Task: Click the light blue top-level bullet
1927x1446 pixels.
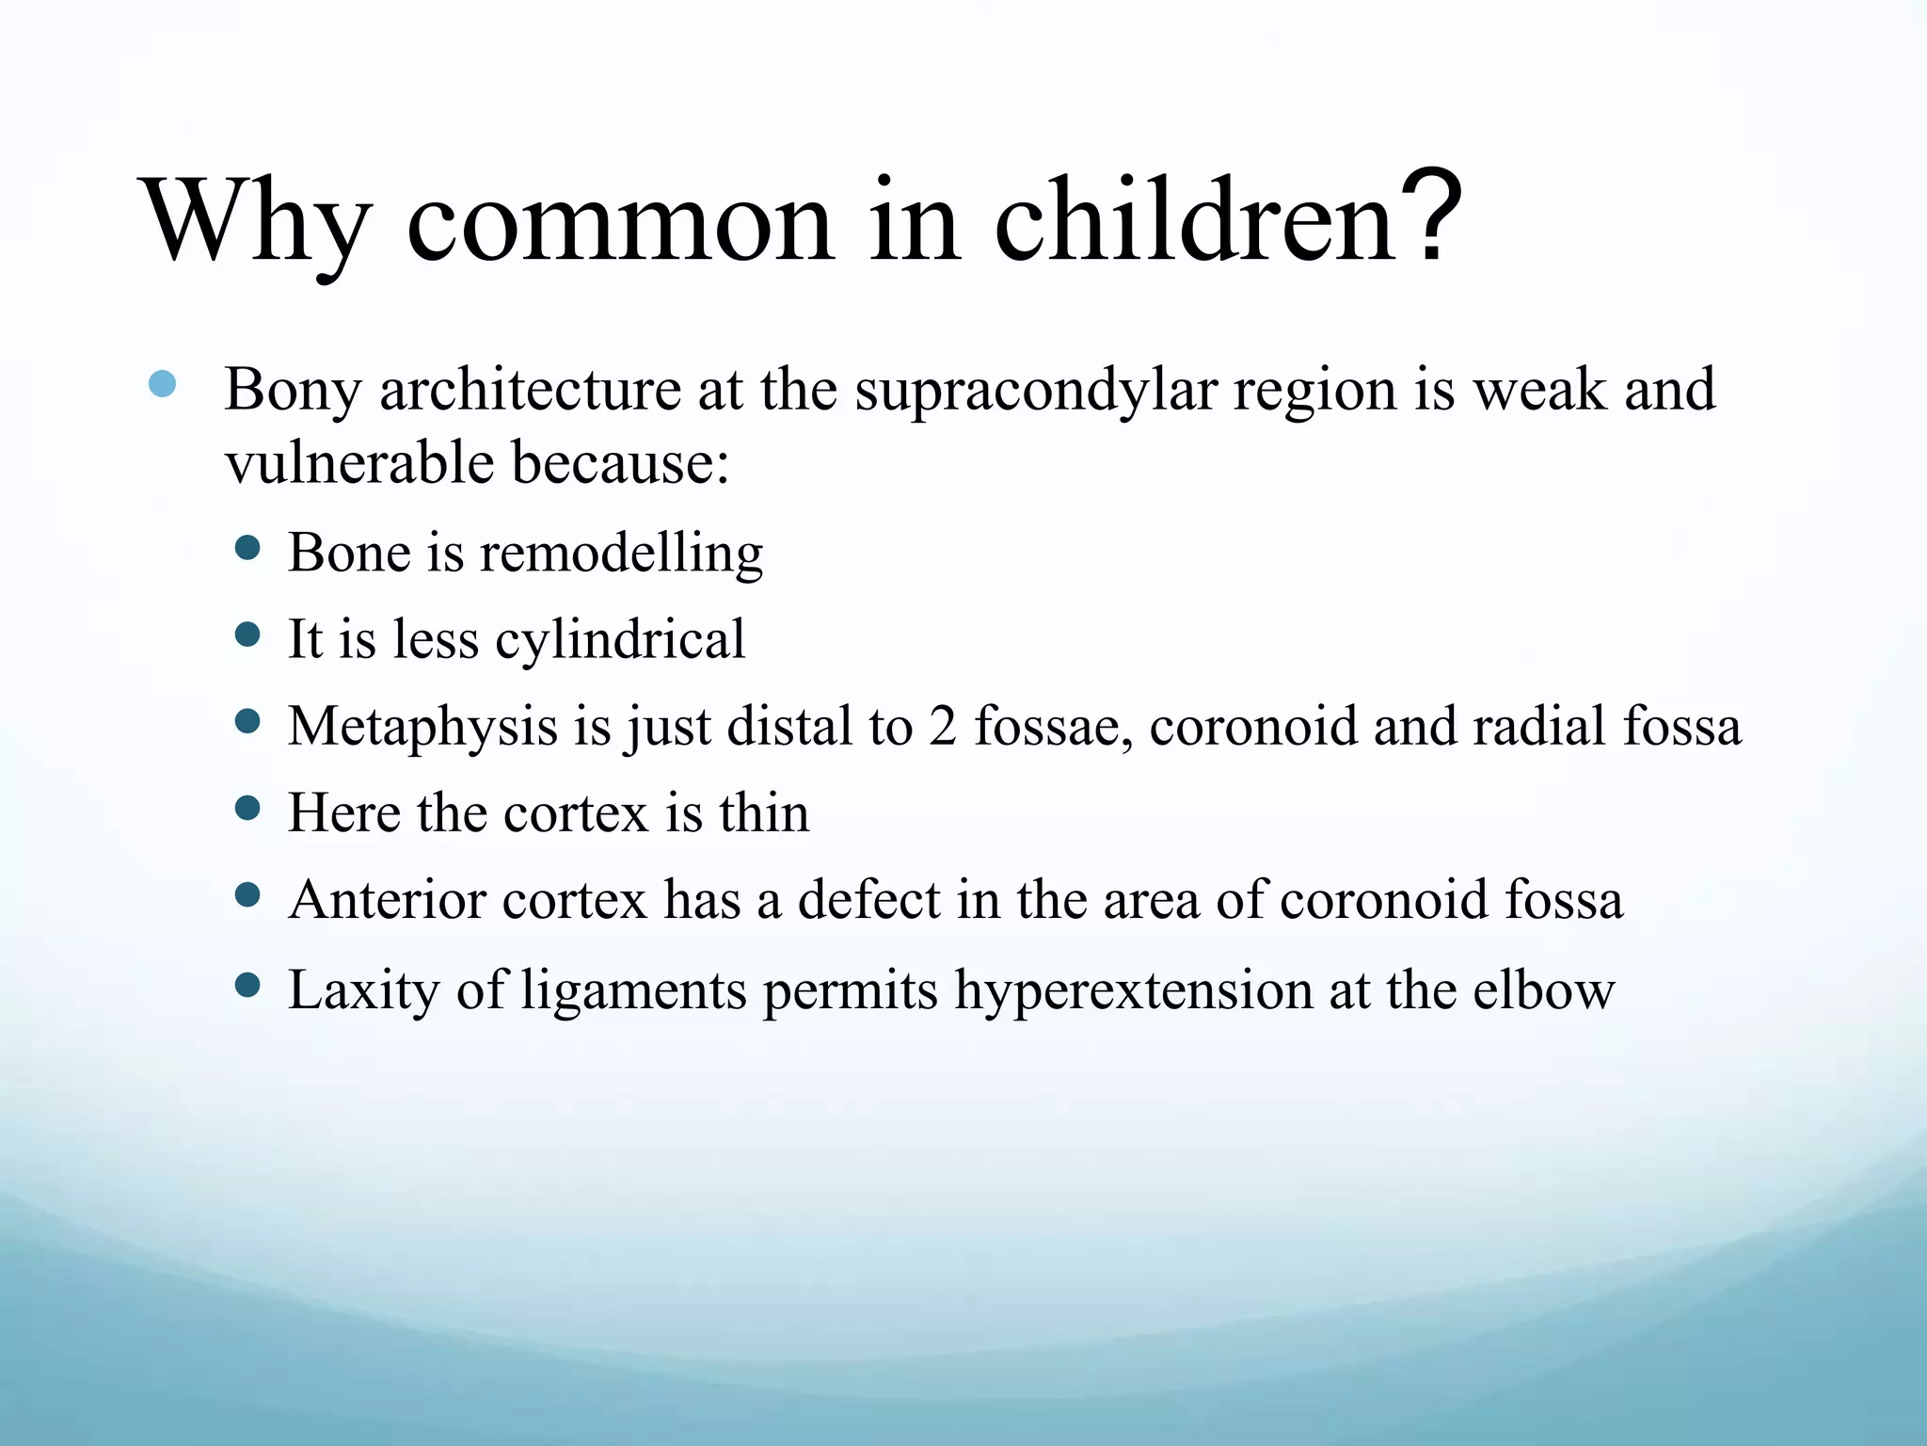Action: pos(163,384)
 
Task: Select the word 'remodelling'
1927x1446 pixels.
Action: pos(621,553)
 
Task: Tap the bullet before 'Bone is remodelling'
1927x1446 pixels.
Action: pos(247,549)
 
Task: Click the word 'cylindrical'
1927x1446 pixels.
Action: pos(620,640)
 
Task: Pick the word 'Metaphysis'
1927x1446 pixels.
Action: pos(423,728)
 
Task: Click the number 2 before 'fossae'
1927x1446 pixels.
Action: pos(943,727)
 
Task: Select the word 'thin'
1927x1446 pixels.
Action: pos(764,813)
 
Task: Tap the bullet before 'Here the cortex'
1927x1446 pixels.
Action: pos(247,809)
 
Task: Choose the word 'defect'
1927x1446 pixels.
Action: pos(869,901)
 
